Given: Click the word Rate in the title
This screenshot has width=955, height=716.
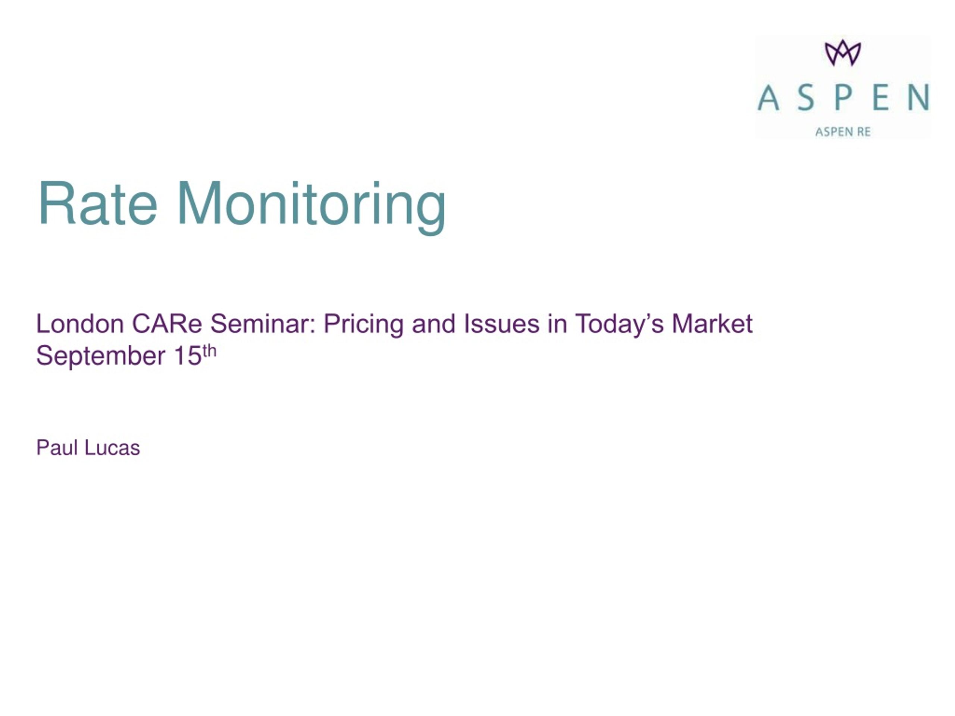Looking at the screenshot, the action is [98, 203].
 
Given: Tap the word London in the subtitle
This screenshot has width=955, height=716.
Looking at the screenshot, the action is [80, 324].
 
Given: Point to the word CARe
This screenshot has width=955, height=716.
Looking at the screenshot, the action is [167, 324].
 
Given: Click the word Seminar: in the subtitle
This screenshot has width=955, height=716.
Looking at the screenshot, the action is [263, 324].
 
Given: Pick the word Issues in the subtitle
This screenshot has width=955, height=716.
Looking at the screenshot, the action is [501, 324].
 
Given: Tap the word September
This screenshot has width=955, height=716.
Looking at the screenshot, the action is [101, 357].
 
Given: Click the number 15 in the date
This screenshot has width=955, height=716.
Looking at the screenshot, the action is [188, 356].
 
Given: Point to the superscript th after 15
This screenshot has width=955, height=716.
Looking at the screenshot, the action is [209, 351].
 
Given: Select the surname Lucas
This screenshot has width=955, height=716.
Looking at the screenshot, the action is [112, 447].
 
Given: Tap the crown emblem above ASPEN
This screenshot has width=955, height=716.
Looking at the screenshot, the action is [843, 53].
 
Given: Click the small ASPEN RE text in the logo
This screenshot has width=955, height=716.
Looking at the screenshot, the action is [843, 132].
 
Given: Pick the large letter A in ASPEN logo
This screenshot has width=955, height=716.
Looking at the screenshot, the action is [768, 98].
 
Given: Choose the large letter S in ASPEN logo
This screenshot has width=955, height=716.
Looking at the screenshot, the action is [806, 98].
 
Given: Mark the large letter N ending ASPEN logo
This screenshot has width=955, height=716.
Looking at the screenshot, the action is [918, 98].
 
